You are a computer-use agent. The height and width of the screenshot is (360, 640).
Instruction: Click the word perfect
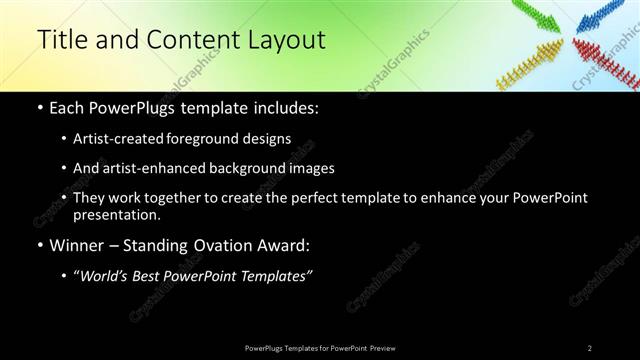click(x=321, y=197)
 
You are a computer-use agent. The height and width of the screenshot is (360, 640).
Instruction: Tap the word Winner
click(x=77, y=244)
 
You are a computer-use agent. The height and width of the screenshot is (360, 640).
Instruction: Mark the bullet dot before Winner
click(x=39, y=245)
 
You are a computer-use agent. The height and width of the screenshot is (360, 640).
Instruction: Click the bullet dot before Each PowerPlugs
click(x=39, y=108)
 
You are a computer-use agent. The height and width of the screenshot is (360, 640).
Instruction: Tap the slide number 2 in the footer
click(x=589, y=347)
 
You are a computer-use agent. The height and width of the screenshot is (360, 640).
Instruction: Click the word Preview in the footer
click(x=383, y=347)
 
